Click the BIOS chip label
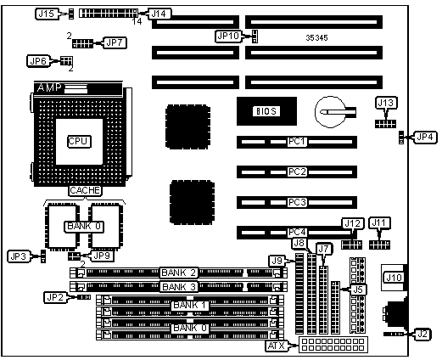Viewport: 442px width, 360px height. pyautogui.click(x=266, y=111)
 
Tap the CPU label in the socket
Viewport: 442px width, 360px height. pyautogui.click(x=79, y=141)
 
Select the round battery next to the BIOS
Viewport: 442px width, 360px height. pyautogui.click(x=330, y=112)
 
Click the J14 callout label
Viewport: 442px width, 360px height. pyautogui.click(x=159, y=14)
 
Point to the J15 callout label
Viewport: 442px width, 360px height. pyautogui.click(x=47, y=14)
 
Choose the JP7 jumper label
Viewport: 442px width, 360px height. pyautogui.click(x=115, y=42)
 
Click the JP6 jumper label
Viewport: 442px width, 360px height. pyautogui.click(x=38, y=61)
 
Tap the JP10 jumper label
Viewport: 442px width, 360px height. pyautogui.click(x=228, y=37)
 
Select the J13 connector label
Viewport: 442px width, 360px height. pyautogui.click(x=386, y=103)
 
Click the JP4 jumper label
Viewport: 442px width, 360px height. pyautogui.click(x=425, y=138)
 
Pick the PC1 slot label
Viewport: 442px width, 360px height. pyautogui.click(x=297, y=141)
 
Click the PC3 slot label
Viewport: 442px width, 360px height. pyautogui.click(x=297, y=202)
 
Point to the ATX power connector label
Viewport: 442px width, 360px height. pyautogui.click(x=276, y=346)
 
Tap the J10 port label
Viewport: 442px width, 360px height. pyautogui.click(x=394, y=277)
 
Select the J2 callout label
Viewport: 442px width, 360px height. pyautogui.click(x=422, y=334)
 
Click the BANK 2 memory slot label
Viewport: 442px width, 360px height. pyautogui.click(x=178, y=273)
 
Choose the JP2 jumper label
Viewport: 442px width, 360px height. pyautogui.click(x=55, y=297)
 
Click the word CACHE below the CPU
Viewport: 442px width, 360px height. pyautogui.click(x=85, y=190)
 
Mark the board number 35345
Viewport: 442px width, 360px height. pyautogui.click(x=316, y=37)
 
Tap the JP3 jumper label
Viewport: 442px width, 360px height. pyautogui.click(x=19, y=256)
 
